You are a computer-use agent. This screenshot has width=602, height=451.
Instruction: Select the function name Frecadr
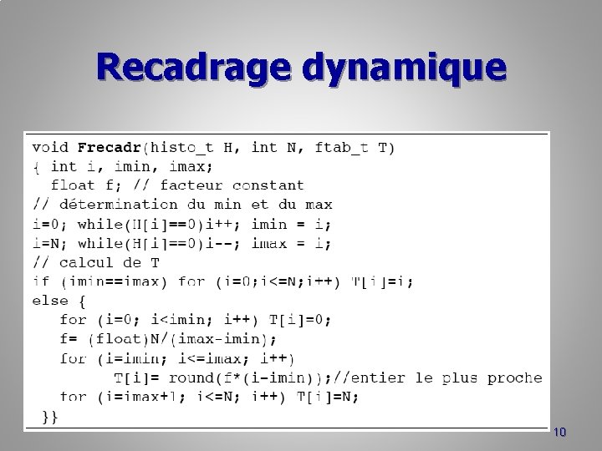(x=110, y=148)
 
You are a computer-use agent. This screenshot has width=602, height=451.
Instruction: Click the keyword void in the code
(x=51, y=148)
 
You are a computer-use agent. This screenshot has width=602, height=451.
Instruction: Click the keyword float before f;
(x=73, y=185)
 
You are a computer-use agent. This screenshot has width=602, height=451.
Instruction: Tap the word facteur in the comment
(x=191, y=185)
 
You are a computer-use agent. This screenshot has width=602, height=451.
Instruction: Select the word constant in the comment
(x=268, y=185)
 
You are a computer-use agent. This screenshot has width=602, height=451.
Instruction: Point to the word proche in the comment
(x=515, y=378)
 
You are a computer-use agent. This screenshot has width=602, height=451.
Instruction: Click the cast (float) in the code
(x=120, y=339)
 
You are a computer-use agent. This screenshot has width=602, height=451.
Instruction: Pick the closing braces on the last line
(x=50, y=416)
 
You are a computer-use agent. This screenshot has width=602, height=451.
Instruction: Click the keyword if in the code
(x=41, y=281)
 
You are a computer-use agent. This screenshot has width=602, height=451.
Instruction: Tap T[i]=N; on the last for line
(x=327, y=397)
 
